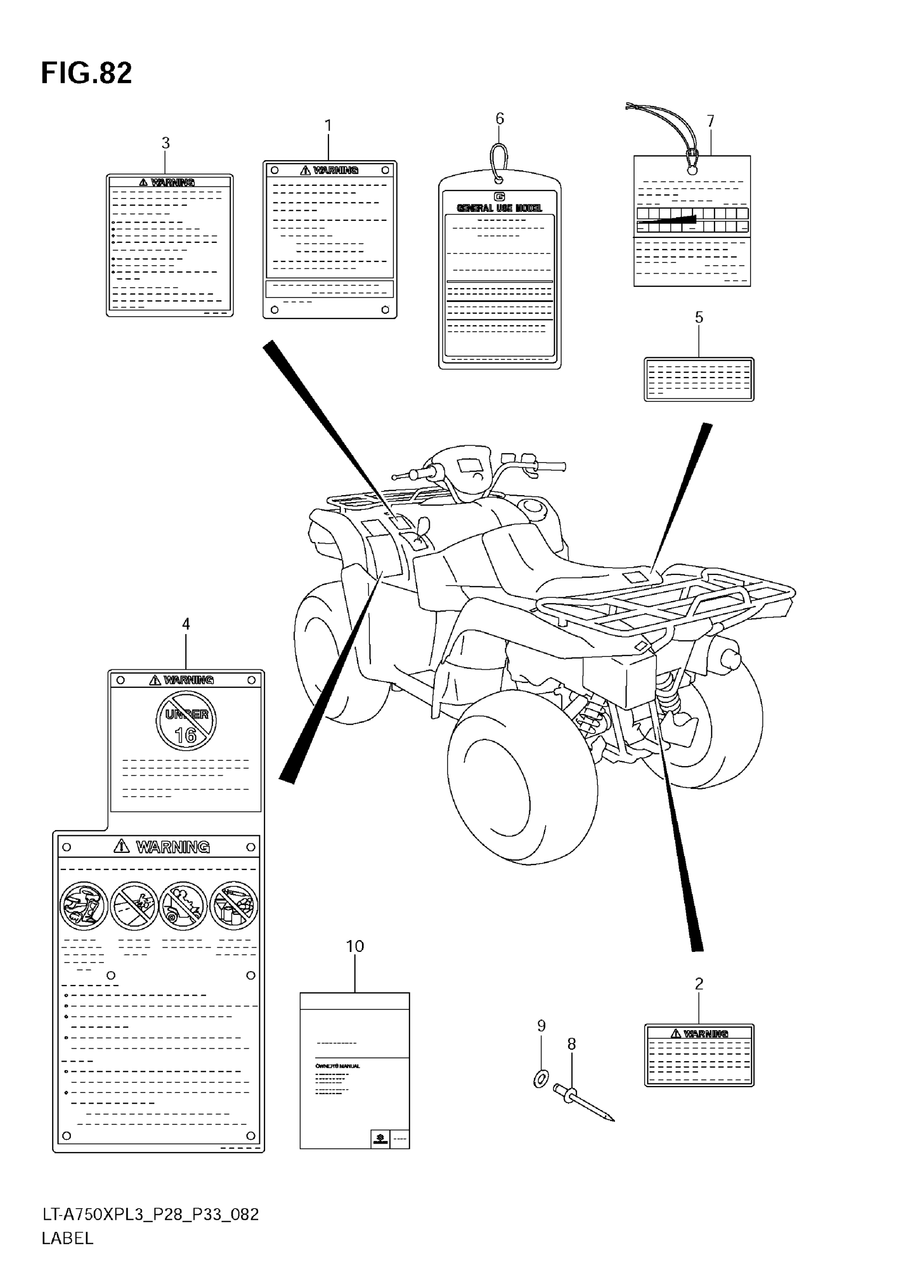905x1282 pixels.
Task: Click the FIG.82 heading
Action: click(87, 73)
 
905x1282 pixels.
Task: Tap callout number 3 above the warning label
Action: click(165, 143)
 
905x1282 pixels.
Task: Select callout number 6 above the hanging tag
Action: click(500, 118)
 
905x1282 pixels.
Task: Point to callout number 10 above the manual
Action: click(355, 947)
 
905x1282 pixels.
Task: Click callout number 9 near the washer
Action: click(541, 1026)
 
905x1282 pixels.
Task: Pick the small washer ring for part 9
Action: click(541, 1079)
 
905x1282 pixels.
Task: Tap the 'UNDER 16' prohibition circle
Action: click(186, 721)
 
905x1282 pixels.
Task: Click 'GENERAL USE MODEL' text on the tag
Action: click(499, 208)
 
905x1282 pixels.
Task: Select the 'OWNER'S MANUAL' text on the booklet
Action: click(337, 1066)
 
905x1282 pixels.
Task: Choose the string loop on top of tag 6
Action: click(499, 162)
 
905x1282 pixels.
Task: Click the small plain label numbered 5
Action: click(698, 379)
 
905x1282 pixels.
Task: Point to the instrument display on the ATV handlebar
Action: click(470, 465)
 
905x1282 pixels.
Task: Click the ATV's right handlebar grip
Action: click(553, 466)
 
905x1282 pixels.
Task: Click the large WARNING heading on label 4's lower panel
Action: click(172, 847)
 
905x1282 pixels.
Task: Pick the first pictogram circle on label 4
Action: click(84, 906)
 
